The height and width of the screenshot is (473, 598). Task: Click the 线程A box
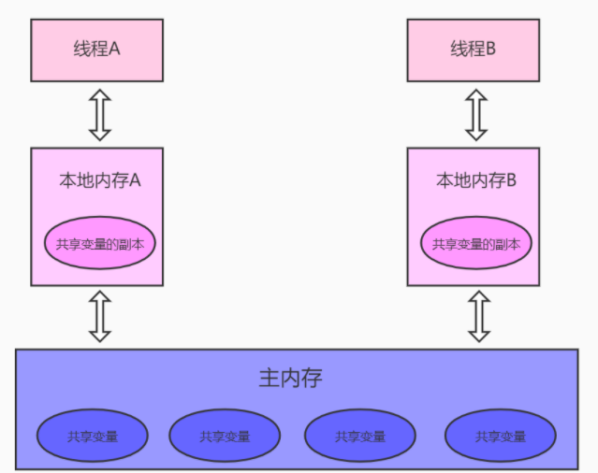click(97, 49)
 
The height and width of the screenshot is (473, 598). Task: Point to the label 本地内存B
click(475, 180)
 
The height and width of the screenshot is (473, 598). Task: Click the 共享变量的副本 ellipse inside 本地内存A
click(99, 243)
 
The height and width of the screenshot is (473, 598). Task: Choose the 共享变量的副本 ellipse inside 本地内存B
click(475, 244)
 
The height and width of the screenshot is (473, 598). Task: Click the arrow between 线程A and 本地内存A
click(99, 113)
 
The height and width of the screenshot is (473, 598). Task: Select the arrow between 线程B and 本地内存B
click(475, 113)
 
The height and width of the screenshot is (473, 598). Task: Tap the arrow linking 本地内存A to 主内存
click(99, 316)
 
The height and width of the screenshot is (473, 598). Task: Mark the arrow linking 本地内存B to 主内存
click(479, 316)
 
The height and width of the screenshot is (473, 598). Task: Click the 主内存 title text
click(290, 379)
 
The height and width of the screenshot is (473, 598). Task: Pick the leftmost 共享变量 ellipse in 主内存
click(93, 436)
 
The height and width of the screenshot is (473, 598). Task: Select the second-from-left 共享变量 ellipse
click(225, 436)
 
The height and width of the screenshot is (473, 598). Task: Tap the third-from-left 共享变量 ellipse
click(359, 436)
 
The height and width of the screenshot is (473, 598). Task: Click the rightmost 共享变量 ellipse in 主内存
click(500, 436)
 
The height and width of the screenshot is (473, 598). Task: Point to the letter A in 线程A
click(115, 50)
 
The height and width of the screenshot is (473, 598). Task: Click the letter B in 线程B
click(490, 50)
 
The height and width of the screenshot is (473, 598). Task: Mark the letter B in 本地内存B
click(512, 180)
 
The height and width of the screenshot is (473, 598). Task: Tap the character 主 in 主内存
click(269, 379)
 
